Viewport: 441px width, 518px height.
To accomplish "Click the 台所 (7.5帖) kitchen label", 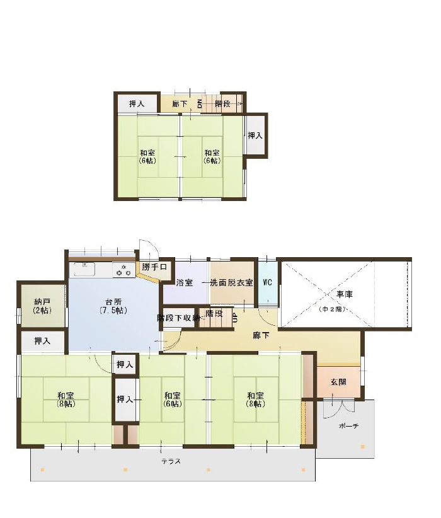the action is (113, 306).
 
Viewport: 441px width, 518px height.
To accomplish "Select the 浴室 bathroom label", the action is (185, 283).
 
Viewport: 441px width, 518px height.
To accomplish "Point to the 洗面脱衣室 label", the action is (232, 283).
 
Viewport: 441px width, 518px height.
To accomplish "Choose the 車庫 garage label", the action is (345, 294).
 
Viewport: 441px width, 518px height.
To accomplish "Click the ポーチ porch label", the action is (348, 426).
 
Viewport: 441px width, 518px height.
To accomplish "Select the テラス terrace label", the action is (171, 461).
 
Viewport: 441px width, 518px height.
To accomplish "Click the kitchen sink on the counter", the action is (84, 269).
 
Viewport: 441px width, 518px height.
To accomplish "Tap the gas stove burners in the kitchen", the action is (124, 270).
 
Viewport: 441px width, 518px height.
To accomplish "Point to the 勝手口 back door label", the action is (154, 267).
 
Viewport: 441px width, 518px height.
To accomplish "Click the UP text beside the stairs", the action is (235, 318).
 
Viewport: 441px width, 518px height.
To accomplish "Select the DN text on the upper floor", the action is (200, 104).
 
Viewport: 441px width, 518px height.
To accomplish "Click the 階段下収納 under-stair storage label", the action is (178, 318).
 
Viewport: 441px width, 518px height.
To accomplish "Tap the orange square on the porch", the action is (362, 447).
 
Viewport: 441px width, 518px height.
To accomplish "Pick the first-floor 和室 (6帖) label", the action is (173, 400).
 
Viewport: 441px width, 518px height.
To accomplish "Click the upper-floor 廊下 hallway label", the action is (180, 104).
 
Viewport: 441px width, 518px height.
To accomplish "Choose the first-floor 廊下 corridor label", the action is (261, 336).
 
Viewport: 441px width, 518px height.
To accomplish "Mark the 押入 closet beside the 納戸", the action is (43, 341).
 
